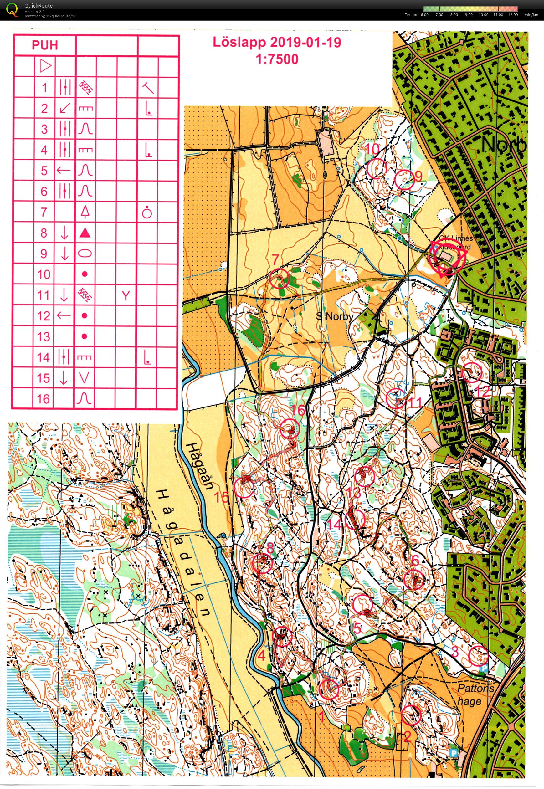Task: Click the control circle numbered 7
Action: point(279,279)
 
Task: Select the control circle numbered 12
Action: point(472,372)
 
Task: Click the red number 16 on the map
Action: point(299,411)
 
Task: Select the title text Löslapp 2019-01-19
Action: point(277,43)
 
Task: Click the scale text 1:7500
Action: point(277,59)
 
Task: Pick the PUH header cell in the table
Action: point(45,45)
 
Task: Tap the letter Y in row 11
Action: point(126,296)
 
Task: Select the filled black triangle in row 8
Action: point(85,233)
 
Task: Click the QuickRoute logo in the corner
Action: point(12,9)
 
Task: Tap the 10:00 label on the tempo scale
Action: point(483,15)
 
